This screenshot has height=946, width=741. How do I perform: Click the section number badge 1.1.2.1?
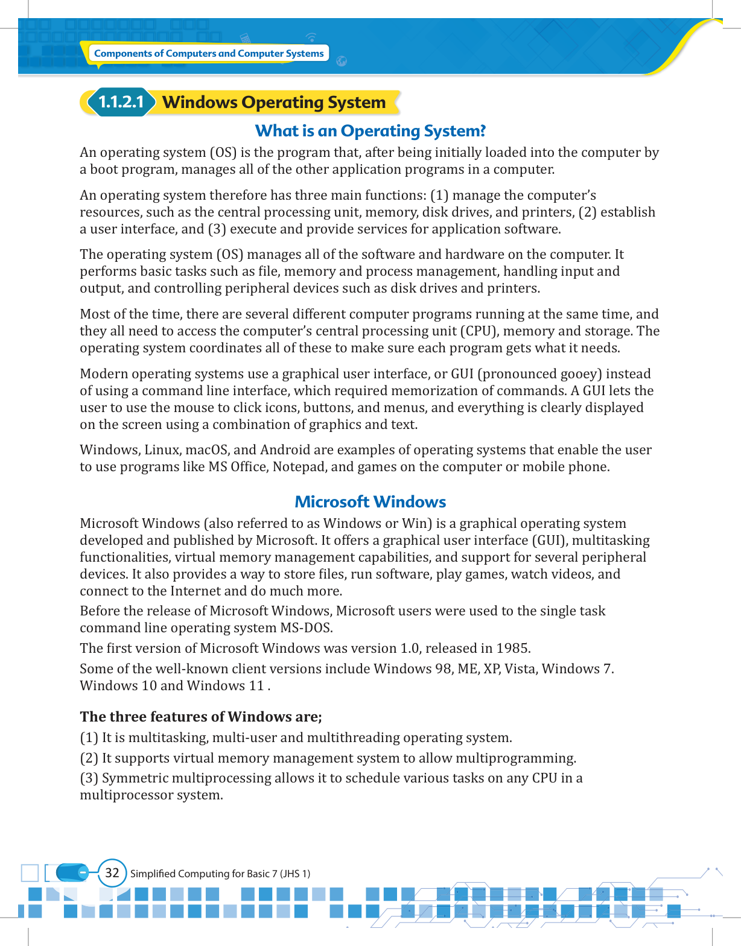tap(121, 103)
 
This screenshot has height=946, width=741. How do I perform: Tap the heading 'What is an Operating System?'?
tap(370, 131)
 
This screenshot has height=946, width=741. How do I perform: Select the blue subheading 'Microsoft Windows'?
tap(370, 502)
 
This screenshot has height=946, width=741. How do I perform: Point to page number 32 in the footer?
tap(112, 872)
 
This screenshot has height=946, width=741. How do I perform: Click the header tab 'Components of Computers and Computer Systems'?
tap(209, 54)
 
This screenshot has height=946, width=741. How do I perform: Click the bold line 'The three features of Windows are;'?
tap(201, 717)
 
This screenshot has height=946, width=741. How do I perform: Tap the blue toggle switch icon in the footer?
tap(72, 872)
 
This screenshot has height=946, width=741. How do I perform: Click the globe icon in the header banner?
tap(342, 61)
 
